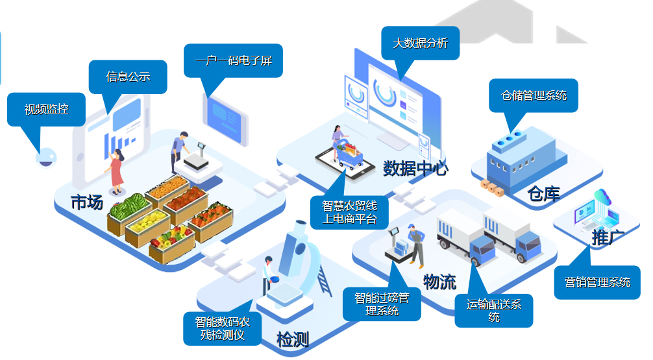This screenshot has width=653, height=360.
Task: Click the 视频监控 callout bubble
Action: pos(45,109)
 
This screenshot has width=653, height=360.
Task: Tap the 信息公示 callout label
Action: pos(128,77)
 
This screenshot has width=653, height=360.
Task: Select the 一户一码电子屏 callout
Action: pos(233,61)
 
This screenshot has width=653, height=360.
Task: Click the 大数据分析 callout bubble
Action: pos(420,43)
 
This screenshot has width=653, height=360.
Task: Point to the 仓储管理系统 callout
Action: pos(534,95)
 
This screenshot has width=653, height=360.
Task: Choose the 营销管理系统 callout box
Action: pos(597,282)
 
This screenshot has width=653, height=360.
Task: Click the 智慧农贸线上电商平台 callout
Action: pos(349,212)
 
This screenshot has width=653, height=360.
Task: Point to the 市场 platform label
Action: pos(87,202)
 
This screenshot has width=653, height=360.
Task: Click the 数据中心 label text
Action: pos(415,169)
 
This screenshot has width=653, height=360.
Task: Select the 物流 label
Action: pos(439,282)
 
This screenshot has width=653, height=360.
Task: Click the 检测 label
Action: pos(292,339)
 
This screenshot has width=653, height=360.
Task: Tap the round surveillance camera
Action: pos(45,157)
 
